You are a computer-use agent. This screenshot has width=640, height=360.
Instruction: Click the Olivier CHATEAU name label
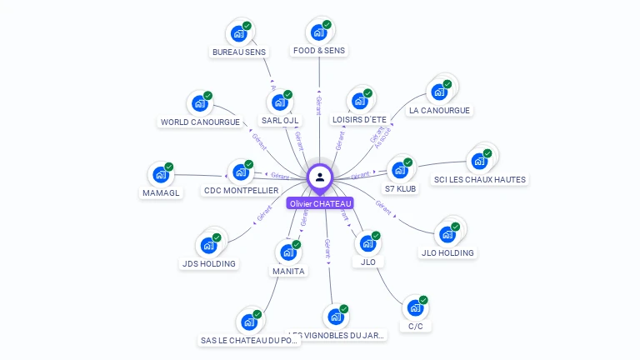pyautogui.click(x=320, y=203)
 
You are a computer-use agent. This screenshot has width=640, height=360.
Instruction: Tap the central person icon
pyautogui.click(x=320, y=177)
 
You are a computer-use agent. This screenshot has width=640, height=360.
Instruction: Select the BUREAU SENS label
pyautogui.click(x=239, y=52)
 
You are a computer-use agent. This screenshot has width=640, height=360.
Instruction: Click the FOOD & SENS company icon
pyautogui.click(x=318, y=32)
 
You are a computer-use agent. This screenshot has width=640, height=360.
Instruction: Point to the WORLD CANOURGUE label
pyautogui.click(x=200, y=122)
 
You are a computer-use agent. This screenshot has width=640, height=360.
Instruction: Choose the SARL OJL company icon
pyautogui.click(x=279, y=102)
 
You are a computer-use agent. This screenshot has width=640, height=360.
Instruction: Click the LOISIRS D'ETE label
pyautogui.click(x=359, y=120)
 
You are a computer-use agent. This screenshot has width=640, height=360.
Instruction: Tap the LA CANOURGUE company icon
pyautogui.click(x=438, y=92)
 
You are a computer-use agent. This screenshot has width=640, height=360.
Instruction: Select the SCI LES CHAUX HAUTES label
pyautogui.click(x=480, y=179)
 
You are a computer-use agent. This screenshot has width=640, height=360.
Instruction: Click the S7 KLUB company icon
pyautogui.click(x=401, y=170)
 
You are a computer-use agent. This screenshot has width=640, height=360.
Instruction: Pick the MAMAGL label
pyautogui.click(x=161, y=192)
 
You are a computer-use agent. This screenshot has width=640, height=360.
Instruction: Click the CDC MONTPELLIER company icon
pyautogui.click(x=241, y=172)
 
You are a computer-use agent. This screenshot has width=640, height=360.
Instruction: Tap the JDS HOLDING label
pyautogui.click(x=208, y=264)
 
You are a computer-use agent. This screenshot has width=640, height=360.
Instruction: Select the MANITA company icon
pyautogui.click(x=287, y=252)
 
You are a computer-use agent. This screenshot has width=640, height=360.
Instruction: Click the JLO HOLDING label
pyautogui.click(x=447, y=252)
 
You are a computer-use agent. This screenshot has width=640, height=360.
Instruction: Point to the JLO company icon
pyautogui.click(x=367, y=244)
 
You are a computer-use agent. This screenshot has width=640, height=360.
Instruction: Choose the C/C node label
pyautogui.click(x=416, y=326)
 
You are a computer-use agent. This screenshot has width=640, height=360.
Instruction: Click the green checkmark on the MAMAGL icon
pyautogui.click(x=169, y=167)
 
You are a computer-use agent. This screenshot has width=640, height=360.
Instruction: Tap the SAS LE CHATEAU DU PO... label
pyautogui.click(x=249, y=340)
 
